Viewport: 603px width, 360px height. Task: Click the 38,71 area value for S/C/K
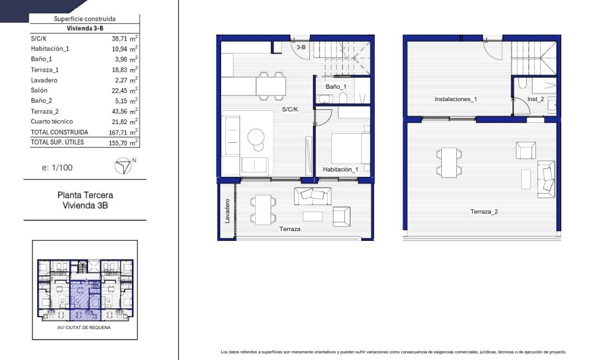[119, 39]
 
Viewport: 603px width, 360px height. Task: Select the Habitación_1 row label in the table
[50, 48]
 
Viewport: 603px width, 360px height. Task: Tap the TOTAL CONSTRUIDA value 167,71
[118, 133]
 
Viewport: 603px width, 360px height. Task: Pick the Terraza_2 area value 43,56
[119, 111]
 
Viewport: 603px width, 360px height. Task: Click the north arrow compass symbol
[123, 166]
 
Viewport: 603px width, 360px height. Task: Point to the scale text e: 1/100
[57, 168]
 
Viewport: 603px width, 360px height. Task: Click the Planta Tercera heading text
[86, 195]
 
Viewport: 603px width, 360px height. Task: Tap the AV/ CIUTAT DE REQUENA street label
[84, 328]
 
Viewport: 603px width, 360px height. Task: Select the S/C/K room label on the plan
[290, 109]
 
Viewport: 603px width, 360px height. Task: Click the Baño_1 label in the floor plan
[336, 87]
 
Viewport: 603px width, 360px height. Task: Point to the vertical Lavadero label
[227, 211]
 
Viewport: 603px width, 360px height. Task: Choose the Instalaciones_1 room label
[456, 99]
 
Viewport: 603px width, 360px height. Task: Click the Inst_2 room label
[535, 99]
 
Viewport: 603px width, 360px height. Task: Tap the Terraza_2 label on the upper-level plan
[484, 211]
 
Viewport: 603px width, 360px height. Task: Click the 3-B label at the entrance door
[301, 47]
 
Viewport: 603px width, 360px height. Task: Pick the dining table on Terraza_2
[449, 162]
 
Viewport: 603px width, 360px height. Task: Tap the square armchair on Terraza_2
[526, 150]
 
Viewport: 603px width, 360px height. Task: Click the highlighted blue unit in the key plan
[85, 301]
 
